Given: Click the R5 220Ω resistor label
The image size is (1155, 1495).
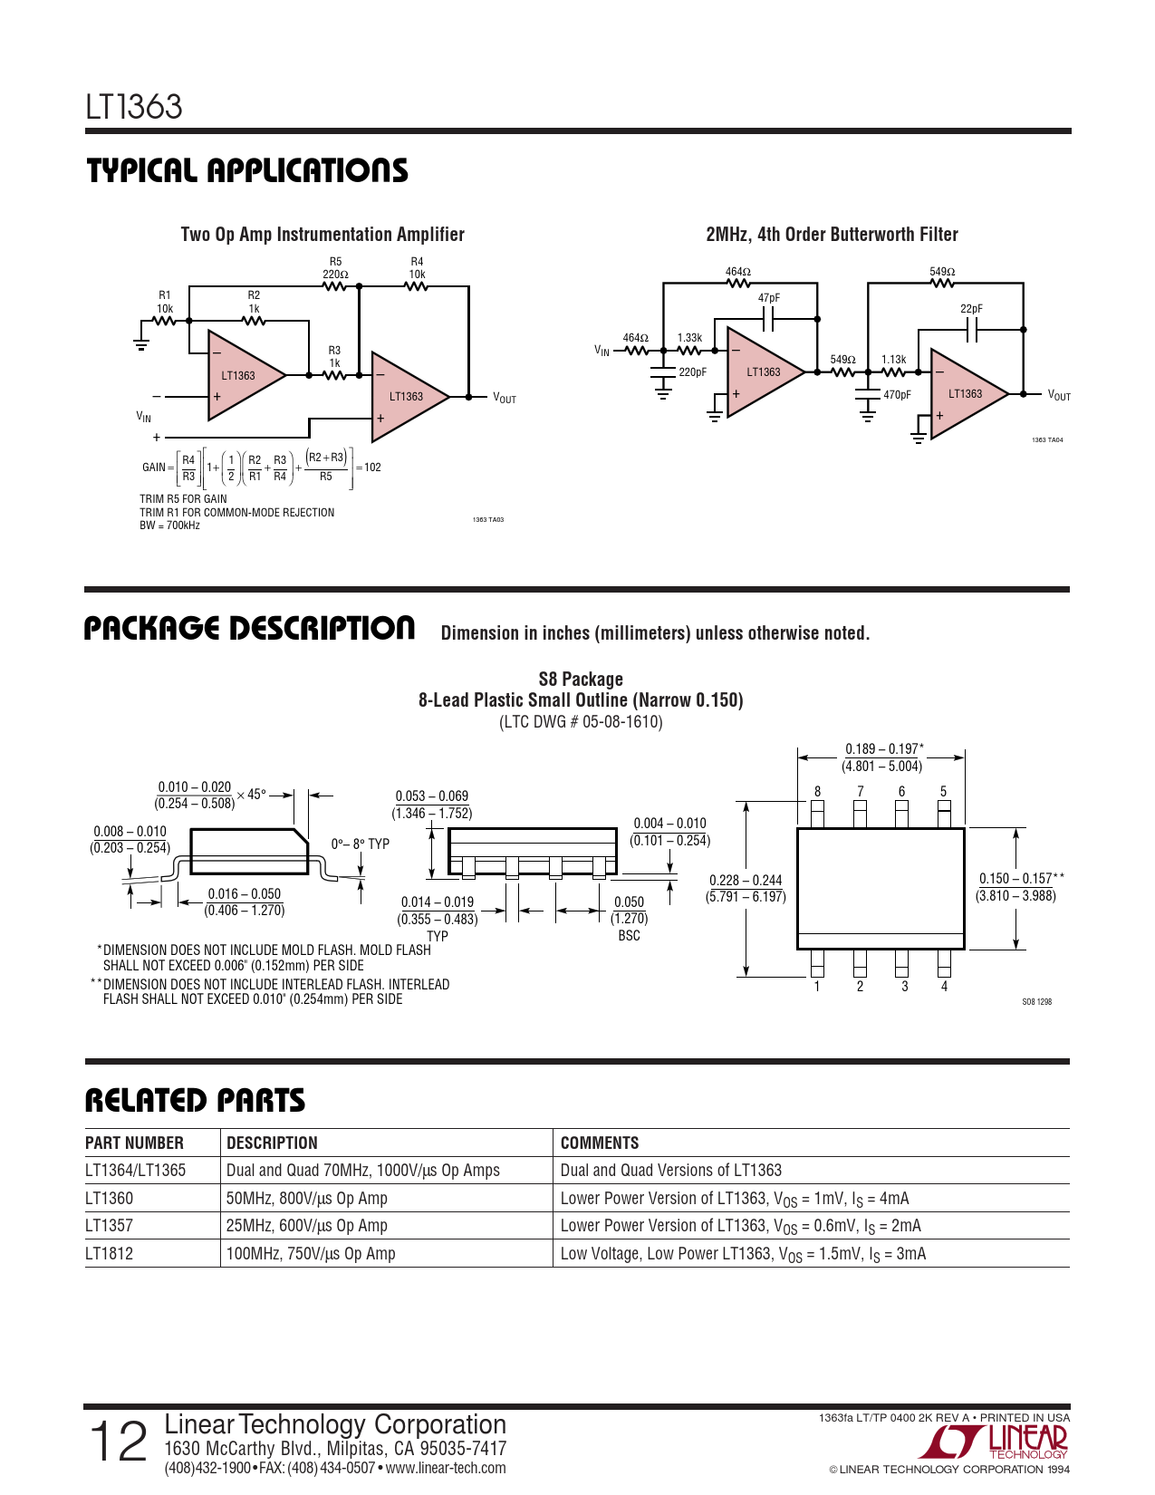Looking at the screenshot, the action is (x=335, y=267).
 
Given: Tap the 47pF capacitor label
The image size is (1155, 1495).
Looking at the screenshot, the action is (x=768, y=298).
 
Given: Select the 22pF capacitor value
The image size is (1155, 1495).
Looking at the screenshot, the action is (x=971, y=309).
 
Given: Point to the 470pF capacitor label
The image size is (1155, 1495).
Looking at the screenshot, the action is (x=897, y=395).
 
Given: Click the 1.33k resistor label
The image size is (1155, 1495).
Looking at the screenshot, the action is (x=689, y=338).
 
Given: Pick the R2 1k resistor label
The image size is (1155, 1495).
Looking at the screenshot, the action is (x=254, y=302).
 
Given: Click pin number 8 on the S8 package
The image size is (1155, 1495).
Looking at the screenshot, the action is (x=817, y=791).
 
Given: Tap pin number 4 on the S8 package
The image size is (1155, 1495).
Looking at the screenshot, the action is (x=945, y=986).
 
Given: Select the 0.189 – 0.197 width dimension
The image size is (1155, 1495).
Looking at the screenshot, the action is (x=882, y=757).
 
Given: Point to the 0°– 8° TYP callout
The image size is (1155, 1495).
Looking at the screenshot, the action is (x=361, y=844).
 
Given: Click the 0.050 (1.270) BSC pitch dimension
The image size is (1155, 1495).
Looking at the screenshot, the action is (x=629, y=919).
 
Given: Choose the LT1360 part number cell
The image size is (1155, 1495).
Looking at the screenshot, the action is (x=109, y=1198).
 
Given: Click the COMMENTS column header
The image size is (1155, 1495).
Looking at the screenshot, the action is (x=599, y=1143).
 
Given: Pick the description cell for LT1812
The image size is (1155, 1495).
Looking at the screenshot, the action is (x=311, y=1253).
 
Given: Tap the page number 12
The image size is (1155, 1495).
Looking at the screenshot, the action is (x=118, y=1442).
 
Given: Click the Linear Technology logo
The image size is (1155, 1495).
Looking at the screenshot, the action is (x=995, y=1442).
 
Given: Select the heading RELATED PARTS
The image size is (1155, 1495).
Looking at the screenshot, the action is (x=195, y=1101).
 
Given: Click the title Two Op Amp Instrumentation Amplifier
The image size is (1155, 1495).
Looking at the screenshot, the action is (x=322, y=235).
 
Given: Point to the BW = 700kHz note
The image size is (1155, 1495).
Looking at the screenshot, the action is (x=170, y=526).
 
